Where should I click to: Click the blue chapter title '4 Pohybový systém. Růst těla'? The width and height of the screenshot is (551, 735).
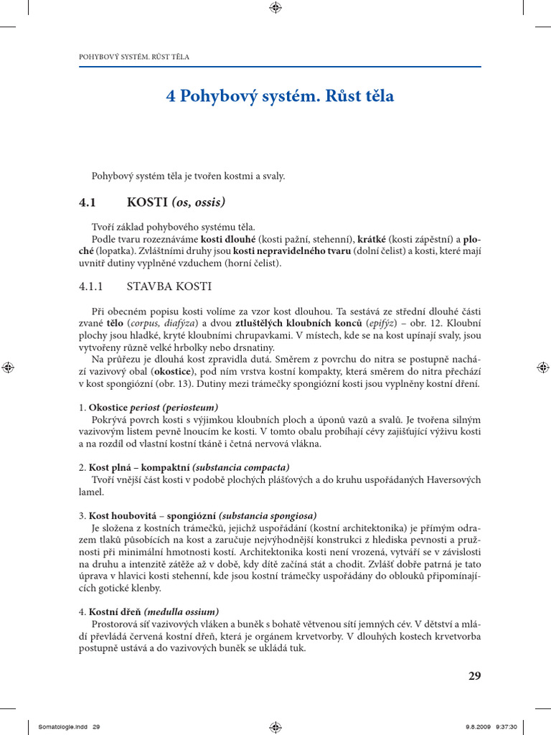[x=280, y=96]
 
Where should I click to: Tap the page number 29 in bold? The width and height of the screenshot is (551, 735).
[x=474, y=675]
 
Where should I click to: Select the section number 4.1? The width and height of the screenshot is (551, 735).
[x=88, y=202]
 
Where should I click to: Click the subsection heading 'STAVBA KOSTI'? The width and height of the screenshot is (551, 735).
[x=169, y=286]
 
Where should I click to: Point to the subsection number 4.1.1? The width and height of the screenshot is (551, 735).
[x=92, y=286]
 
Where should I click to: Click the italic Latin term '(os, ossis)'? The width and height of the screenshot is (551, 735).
[x=198, y=202]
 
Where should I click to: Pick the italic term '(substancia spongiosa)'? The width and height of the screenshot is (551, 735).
[x=268, y=515]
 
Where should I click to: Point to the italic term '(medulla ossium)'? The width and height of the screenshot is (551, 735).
[x=182, y=612]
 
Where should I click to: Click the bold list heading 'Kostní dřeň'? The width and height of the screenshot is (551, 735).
[x=115, y=612]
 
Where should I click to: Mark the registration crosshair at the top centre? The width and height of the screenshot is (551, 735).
[x=275, y=8]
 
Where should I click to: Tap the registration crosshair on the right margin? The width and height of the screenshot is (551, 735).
[x=542, y=367]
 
